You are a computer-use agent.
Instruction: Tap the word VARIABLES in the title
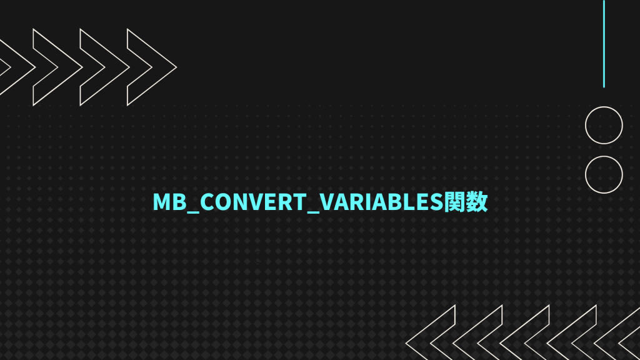click(x=382, y=202)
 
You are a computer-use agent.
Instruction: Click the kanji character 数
click(x=477, y=202)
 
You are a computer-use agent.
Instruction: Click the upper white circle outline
click(x=604, y=126)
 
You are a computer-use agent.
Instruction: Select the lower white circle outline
click(x=604, y=174)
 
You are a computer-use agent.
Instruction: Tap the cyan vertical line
click(x=604, y=44)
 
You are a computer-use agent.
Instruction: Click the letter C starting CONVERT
click(x=207, y=202)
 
